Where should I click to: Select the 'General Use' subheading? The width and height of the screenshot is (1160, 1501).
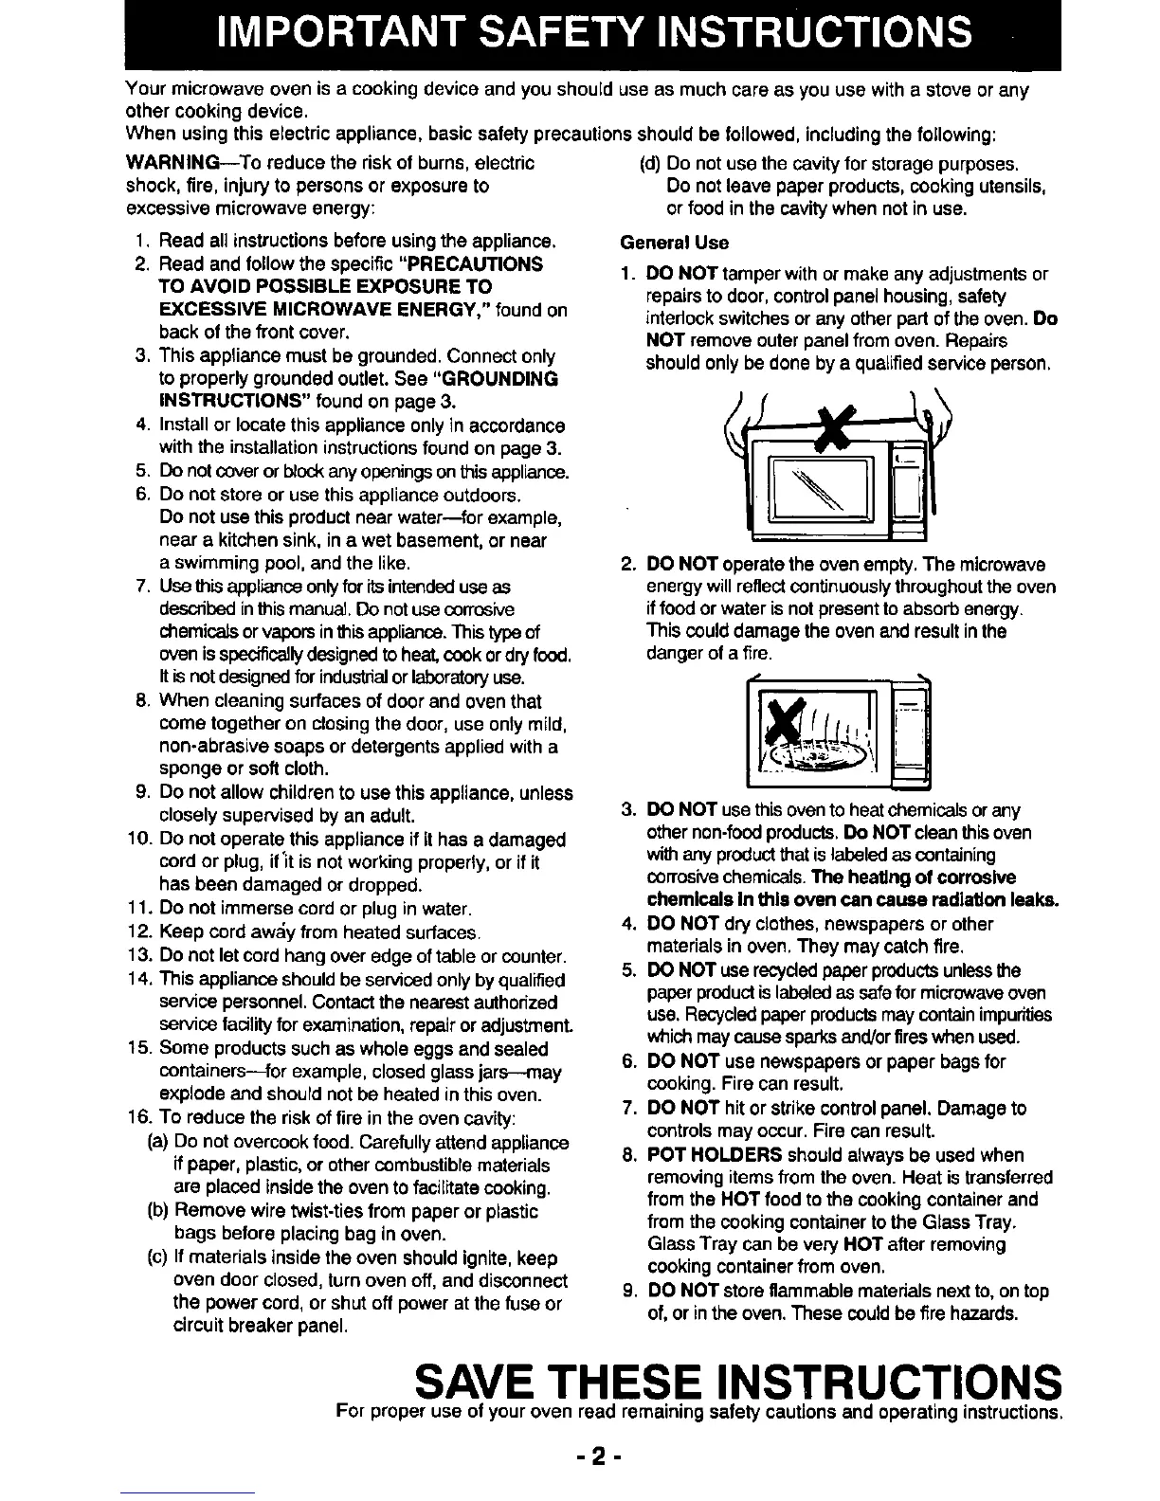pos(674,242)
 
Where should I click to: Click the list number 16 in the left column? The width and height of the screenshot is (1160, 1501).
pos(138,1118)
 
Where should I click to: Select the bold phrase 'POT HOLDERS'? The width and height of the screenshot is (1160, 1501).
pos(714,1154)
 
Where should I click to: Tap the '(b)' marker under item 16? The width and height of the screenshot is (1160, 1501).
pos(159,1211)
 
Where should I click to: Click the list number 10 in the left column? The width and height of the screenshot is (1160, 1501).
pos(138,840)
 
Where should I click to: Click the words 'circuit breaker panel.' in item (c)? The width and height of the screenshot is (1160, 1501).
pos(254,1326)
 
